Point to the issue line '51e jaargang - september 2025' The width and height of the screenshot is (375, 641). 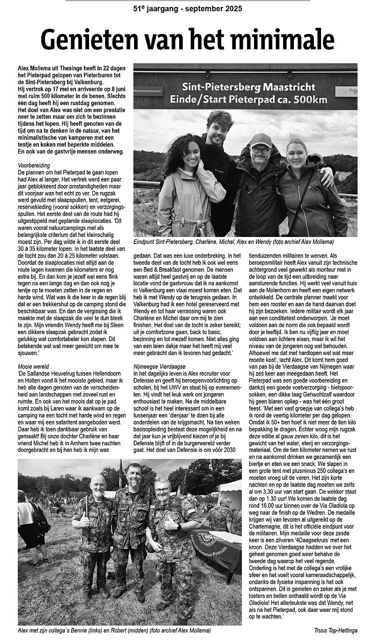pyautogui.click(x=187, y=8)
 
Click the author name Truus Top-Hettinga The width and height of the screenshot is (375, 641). pyautogui.click(x=336, y=631)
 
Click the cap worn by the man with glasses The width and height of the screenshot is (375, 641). pyautogui.click(x=262, y=139)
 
